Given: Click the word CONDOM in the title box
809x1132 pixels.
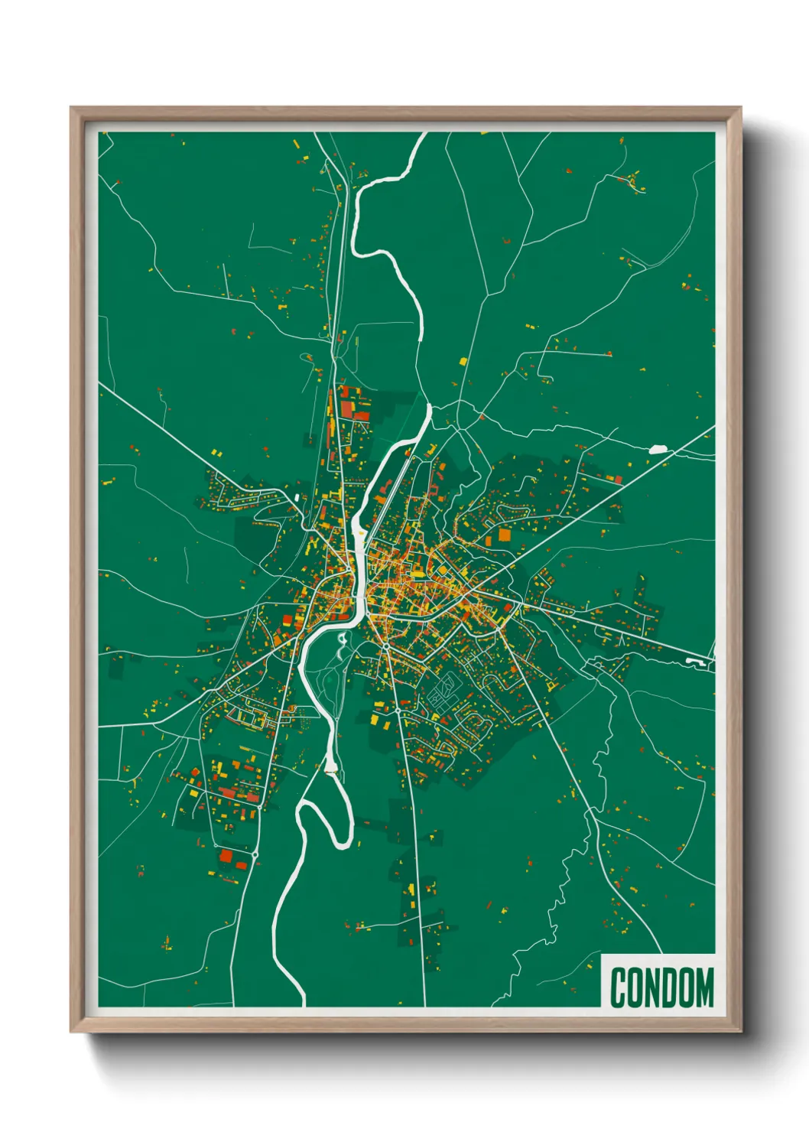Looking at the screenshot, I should (661, 987).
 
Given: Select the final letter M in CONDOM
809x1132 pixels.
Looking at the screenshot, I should (704, 987).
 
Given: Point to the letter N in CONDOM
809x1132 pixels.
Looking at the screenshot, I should (652, 987).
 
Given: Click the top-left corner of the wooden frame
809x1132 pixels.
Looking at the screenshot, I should (71, 109).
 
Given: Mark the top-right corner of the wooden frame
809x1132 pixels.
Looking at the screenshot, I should (740, 109).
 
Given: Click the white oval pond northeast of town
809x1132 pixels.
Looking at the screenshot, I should (658, 450).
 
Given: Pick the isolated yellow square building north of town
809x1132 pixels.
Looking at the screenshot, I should (463, 361).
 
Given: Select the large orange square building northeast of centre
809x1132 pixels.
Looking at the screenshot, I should (505, 535).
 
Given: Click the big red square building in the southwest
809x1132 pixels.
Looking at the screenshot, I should (226, 855).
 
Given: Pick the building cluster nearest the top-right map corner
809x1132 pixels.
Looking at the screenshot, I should (633, 181).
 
